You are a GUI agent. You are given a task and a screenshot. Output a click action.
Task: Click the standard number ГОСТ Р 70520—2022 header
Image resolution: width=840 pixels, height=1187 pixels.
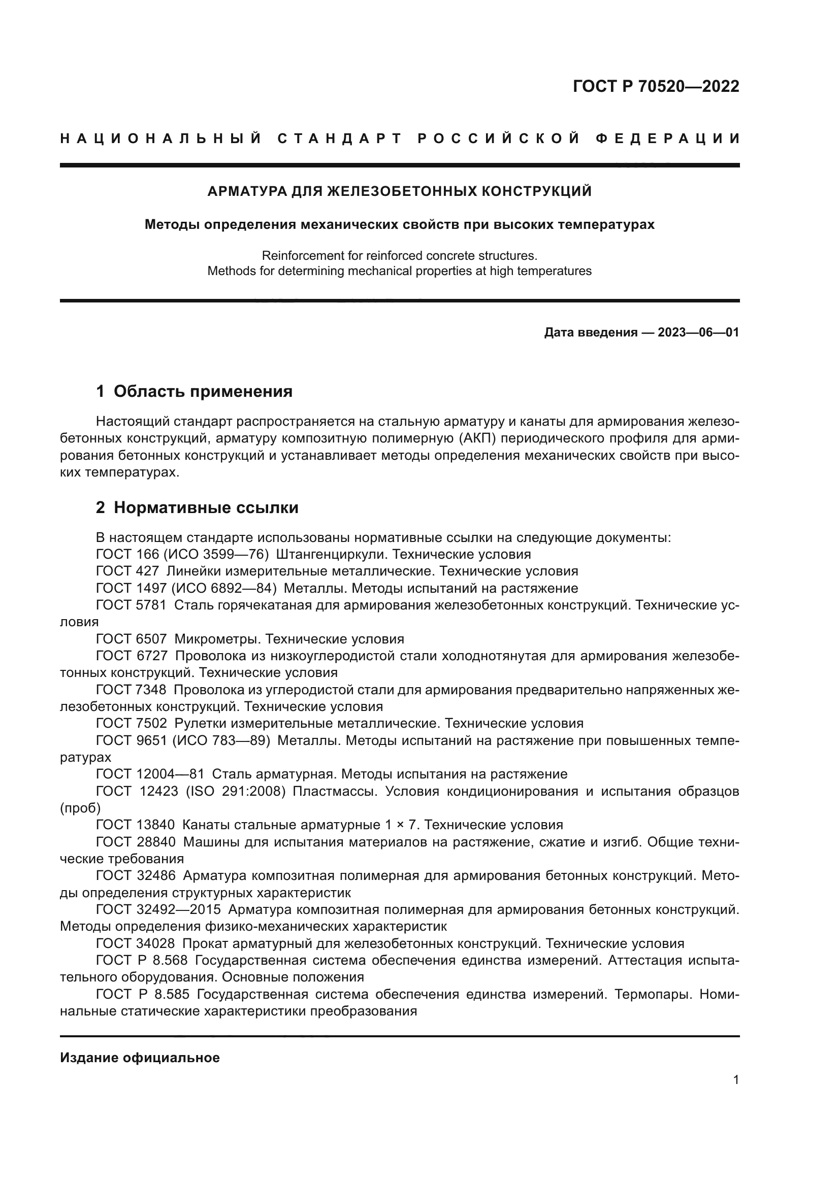[655, 86]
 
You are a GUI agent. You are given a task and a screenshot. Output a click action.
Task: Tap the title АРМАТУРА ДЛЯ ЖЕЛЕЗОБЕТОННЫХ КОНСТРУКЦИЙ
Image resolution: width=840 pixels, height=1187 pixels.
[399, 192]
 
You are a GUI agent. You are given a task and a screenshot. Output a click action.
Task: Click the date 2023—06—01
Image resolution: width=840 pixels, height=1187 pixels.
[698, 332]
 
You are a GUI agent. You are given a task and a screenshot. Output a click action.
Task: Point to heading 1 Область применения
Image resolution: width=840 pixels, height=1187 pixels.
[194, 392]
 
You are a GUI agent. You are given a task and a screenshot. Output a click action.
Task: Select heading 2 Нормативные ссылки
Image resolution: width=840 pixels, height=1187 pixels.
[197, 507]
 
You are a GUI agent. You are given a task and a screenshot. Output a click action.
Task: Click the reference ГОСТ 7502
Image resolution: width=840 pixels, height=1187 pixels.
[132, 723]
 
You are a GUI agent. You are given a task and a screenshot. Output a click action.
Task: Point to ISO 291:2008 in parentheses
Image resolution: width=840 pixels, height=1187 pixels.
[235, 792]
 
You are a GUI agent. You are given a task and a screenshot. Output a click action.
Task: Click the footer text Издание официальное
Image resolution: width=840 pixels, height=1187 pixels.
[140, 1058]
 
